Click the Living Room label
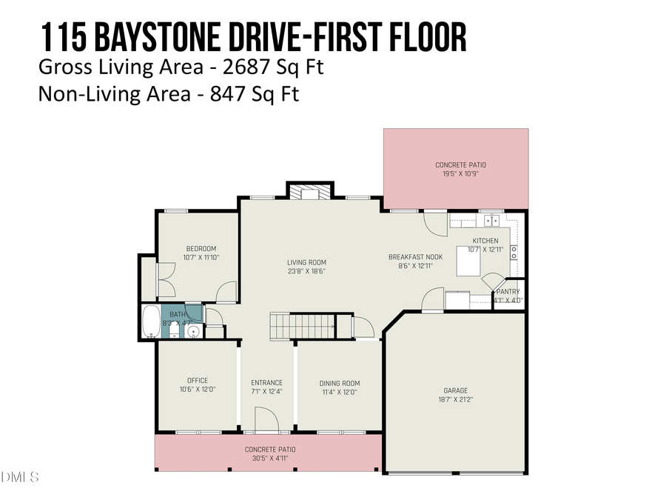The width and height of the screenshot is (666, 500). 306,262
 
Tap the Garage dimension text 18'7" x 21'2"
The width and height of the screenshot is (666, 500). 455,399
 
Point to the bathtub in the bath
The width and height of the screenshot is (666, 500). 150,321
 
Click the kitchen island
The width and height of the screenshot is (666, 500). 467,261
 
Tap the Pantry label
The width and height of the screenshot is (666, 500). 508,292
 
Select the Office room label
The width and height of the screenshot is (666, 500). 198,381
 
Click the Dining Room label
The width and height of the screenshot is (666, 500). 339,383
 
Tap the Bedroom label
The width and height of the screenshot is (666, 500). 201,248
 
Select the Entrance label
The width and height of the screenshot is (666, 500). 267,383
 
